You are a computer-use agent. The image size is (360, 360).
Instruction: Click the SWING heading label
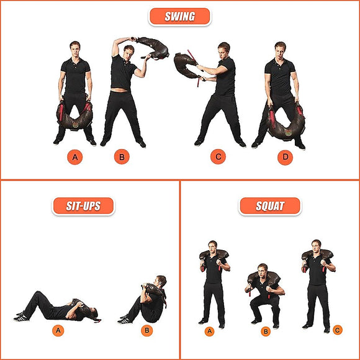(179, 17)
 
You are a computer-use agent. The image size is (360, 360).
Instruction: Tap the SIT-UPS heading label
(84, 206)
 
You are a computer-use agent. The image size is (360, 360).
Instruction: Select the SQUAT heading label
(269, 206)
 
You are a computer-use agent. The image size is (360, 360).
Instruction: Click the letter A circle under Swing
(75, 158)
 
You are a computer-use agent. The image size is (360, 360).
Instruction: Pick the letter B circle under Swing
(122, 158)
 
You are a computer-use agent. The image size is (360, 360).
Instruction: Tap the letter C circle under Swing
(218, 158)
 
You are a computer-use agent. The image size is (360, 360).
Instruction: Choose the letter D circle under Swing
(285, 158)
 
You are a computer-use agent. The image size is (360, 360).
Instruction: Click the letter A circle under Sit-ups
(58, 330)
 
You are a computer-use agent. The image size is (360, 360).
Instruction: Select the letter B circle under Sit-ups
(147, 330)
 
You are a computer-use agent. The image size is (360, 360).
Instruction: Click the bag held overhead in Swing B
(151, 47)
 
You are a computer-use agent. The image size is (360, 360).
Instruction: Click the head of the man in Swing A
(75, 47)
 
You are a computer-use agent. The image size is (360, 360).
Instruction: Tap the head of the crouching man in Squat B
(263, 269)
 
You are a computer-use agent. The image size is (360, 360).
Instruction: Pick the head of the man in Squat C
(317, 245)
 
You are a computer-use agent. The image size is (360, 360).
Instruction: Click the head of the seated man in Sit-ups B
(161, 281)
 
